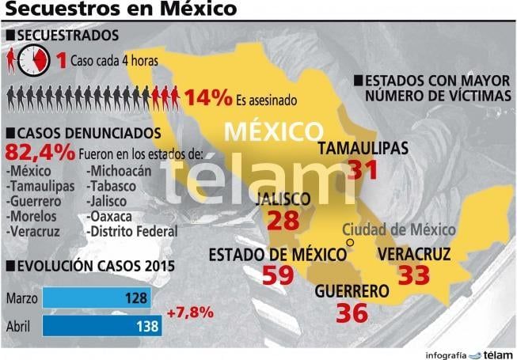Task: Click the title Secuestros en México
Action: pos(120,9)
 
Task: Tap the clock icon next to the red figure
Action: pos(35,59)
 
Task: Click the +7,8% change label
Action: pos(190,312)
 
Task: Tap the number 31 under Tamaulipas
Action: pos(364,169)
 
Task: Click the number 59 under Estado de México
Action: pos(278,276)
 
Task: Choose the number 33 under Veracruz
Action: pos(413,275)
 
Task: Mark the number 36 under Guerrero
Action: pos(352,312)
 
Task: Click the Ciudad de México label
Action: pos(399,230)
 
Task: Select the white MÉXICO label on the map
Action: pos(273,130)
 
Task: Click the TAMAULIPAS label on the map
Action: pos(363,148)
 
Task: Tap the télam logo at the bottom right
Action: pos(498,354)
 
